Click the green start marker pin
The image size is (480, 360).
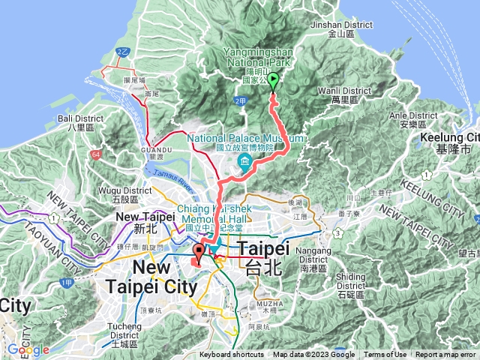273,82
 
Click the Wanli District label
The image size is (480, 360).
345,94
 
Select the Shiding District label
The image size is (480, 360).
351,280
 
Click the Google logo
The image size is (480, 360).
28,349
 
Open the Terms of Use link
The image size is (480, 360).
385,355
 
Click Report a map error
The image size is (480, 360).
446,355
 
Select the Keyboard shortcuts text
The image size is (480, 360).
232,355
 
